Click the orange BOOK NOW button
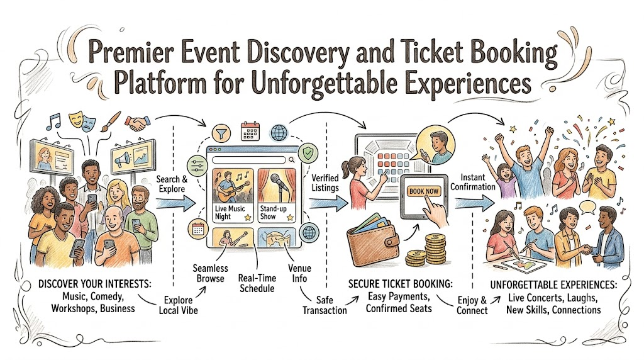point(424,191)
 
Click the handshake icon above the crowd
point(137,122)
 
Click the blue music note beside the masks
point(53,121)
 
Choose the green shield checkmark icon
point(308,154)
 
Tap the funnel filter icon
point(221,133)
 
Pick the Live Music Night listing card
point(233,195)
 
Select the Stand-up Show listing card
point(277,195)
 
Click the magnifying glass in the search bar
point(291,160)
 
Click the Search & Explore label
point(172,184)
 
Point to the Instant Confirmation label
point(473,182)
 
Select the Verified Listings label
point(325,183)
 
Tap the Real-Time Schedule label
point(257,283)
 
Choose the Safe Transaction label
point(325,305)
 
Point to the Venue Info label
point(299,273)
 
